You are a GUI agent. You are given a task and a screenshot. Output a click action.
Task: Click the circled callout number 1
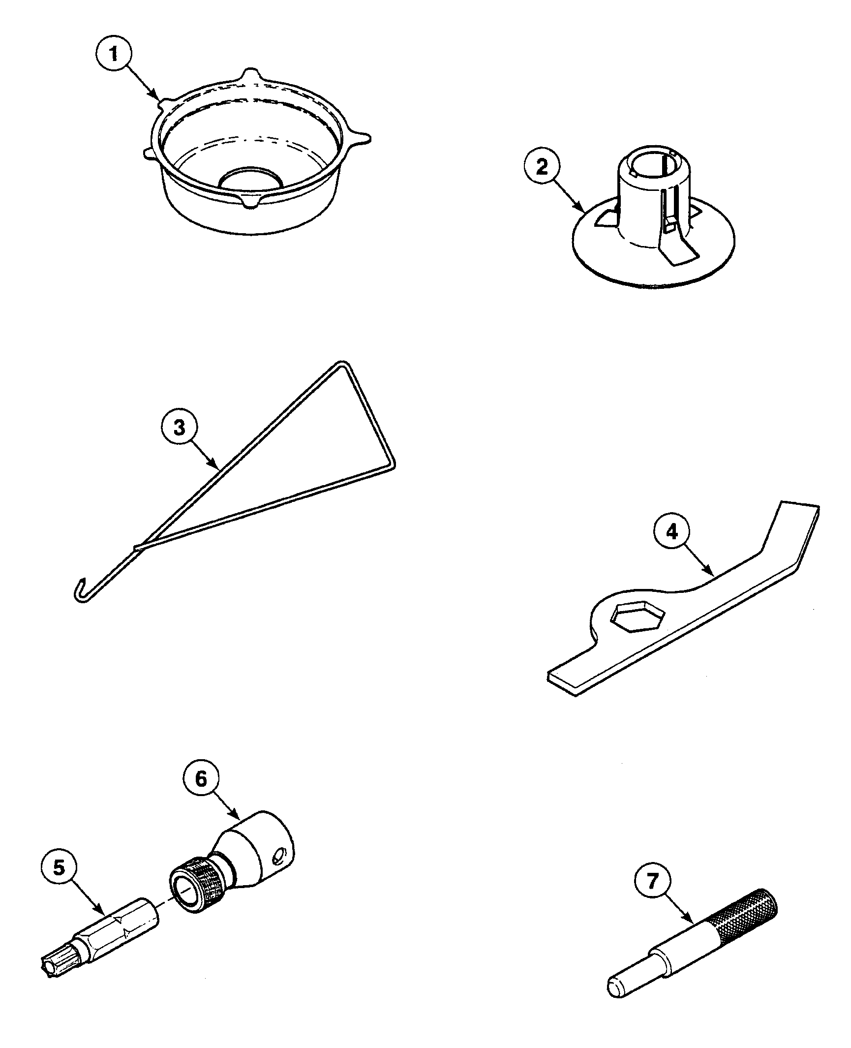click(x=114, y=54)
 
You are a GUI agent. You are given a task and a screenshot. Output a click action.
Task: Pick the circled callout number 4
click(x=672, y=532)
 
